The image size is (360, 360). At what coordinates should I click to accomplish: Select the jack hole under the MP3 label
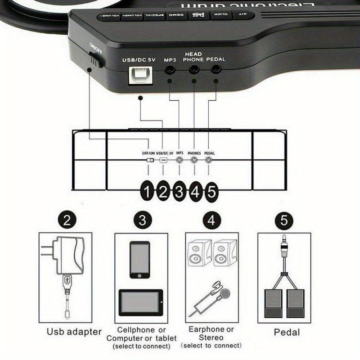point(170,70)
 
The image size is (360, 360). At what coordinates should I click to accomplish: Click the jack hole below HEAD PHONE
point(194,69)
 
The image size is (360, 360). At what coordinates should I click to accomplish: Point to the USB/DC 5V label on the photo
point(139,59)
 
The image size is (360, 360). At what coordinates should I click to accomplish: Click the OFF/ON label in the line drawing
point(148,153)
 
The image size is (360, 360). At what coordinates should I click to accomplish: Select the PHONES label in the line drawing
point(194,153)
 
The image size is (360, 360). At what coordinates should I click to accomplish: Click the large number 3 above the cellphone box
point(142,220)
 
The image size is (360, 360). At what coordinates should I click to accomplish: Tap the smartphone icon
point(139,260)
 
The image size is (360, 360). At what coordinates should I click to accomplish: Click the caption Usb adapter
point(74,332)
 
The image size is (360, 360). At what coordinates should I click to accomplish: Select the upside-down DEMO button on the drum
point(173,15)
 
